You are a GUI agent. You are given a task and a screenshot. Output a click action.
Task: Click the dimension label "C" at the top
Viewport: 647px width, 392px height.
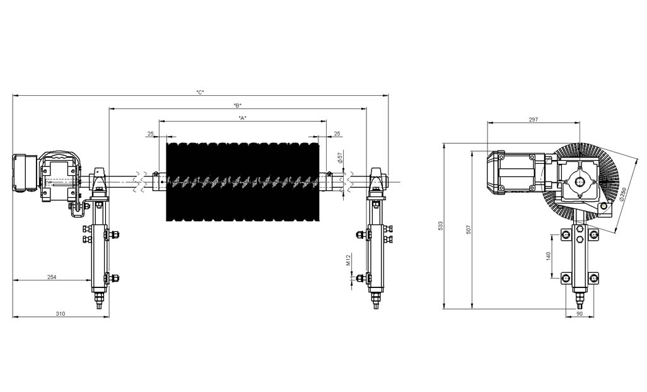[200, 93]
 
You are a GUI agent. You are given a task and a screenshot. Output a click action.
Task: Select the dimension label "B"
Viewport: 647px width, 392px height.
[237, 105]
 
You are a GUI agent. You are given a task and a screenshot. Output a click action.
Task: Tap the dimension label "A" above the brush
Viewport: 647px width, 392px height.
[242, 118]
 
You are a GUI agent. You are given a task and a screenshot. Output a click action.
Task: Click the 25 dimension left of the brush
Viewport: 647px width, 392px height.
[150, 134]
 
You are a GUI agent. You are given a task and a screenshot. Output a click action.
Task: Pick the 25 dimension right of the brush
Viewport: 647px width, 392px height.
[337, 134]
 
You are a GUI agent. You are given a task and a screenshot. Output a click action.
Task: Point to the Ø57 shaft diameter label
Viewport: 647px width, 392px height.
[340, 158]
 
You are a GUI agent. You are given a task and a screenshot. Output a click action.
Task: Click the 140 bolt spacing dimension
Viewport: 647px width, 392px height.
[549, 256]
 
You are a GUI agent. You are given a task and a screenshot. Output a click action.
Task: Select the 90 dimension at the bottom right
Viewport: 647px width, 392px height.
[580, 313]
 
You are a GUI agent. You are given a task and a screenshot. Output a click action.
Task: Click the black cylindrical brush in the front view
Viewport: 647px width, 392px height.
[242, 182]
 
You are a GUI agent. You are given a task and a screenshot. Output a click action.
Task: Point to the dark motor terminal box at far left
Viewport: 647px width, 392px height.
[24, 173]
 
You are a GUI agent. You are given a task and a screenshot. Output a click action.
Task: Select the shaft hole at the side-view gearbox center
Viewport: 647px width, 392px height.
[580, 182]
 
